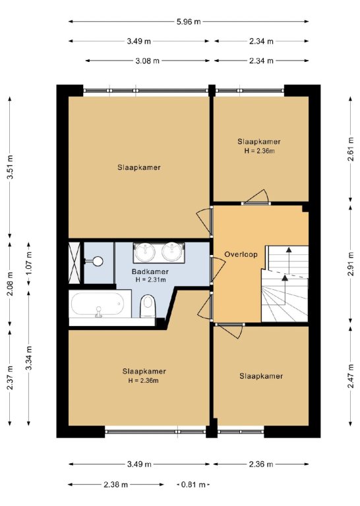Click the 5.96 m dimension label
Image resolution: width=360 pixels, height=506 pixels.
(189, 22)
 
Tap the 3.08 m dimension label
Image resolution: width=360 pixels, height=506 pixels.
(148, 61)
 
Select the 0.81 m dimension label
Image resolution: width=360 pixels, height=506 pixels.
(194, 484)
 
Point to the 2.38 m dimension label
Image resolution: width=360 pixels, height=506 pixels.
(116, 484)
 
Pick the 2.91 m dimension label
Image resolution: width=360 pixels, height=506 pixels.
(351, 264)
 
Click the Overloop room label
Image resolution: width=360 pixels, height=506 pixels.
(241, 254)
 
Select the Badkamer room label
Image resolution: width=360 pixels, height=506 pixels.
(150, 271)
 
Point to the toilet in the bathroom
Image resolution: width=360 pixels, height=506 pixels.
(148, 306)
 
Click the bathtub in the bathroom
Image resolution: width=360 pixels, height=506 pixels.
(98, 304)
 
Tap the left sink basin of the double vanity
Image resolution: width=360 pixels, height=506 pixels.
(145, 252)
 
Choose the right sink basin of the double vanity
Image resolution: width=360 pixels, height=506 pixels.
(172, 252)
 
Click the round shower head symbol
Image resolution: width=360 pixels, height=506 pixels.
(97, 261)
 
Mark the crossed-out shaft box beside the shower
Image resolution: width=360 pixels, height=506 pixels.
(75, 262)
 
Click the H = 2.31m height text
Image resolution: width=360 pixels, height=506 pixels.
(151, 280)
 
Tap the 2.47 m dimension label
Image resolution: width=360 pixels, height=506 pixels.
(351, 376)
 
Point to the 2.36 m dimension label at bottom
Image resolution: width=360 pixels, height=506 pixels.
(261, 464)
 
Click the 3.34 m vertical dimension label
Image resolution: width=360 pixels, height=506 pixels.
(30, 358)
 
